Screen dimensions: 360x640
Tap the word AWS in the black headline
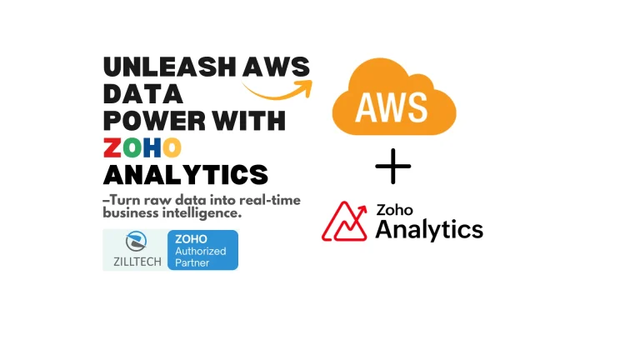tap(276, 67)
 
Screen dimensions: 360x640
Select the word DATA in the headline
tap(143, 94)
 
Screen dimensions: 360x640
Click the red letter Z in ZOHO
tap(113, 147)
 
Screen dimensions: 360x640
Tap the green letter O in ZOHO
tap(132, 147)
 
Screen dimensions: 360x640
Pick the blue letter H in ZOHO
tap(152, 147)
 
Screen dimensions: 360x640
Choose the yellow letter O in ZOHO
tap(172, 147)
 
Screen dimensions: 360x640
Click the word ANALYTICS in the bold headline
tap(185, 174)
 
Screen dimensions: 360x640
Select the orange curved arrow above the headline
tap(279, 86)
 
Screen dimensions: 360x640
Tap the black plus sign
tap(392, 167)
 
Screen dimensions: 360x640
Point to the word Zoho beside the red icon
tap(395, 209)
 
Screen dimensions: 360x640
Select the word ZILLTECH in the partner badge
tap(133, 261)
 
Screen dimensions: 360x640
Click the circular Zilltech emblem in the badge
tap(134, 242)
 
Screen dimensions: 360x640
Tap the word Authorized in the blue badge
tap(200, 250)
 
